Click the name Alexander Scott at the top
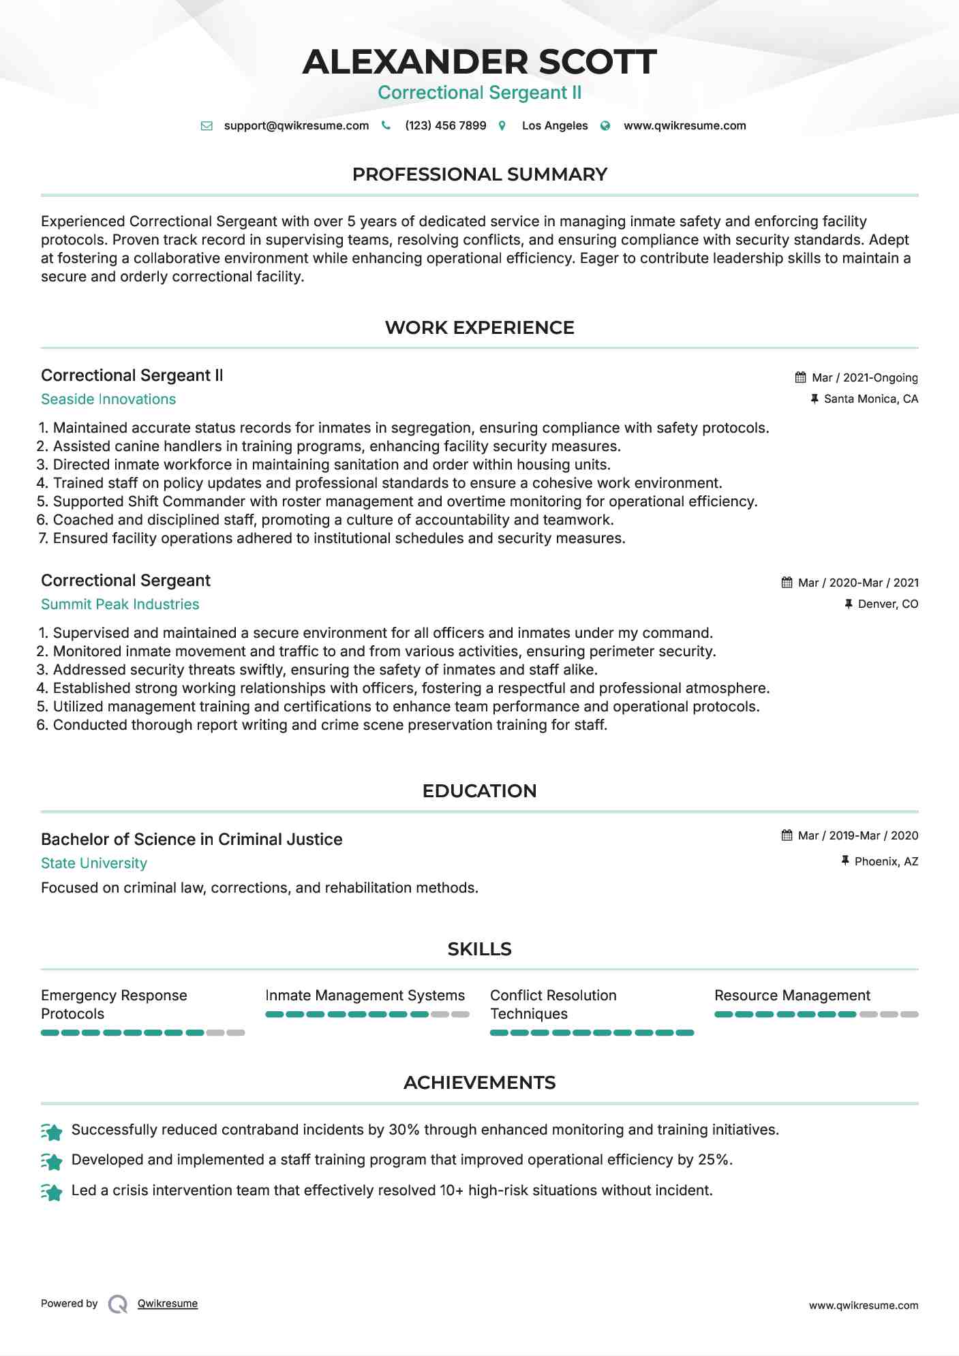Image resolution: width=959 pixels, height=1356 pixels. pyautogui.click(x=479, y=61)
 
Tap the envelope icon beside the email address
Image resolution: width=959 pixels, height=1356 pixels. pyautogui.click(x=207, y=126)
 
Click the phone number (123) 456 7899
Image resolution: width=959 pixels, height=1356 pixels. pyautogui.click(x=445, y=126)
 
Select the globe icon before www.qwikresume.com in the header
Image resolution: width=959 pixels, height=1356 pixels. pyautogui.click(x=605, y=126)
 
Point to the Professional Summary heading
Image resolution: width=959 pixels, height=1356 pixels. pyautogui.click(x=479, y=174)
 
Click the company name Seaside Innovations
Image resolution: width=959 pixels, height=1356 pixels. pyautogui.click(x=108, y=399)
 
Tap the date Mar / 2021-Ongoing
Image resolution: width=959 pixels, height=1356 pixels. pyautogui.click(x=864, y=378)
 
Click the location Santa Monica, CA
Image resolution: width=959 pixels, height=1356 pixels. pyautogui.click(x=870, y=399)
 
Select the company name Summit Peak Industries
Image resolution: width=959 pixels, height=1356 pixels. pyautogui.click(x=120, y=604)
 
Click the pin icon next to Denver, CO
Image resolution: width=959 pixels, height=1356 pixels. pyautogui.click(x=849, y=604)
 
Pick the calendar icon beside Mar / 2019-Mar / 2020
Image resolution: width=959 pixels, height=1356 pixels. pyautogui.click(x=787, y=835)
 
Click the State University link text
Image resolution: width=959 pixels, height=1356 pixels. pyautogui.click(x=94, y=863)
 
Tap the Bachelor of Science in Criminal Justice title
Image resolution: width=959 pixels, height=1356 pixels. pyautogui.click(x=192, y=839)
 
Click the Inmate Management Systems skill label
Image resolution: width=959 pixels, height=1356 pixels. pyautogui.click(x=365, y=996)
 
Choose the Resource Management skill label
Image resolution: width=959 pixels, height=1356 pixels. pyautogui.click(x=792, y=996)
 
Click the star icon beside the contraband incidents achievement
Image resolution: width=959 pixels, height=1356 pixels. pyautogui.click(x=52, y=1132)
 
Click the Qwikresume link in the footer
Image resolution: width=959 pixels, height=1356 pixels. pyautogui.click(x=168, y=1304)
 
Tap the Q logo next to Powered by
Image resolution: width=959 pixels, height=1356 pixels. pyautogui.click(x=118, y=1304)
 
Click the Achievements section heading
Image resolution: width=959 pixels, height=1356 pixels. pyautogui.click(x=479, y=1083)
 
